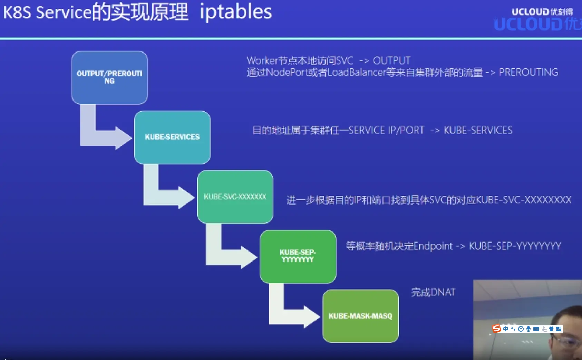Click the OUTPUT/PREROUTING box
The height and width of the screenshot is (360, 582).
tap(109, 78)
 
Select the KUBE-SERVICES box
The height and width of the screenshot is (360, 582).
tap(172, 137)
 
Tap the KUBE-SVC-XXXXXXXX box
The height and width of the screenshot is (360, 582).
tap(235, 197)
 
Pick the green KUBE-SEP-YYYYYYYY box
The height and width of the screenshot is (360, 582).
tap(298, 256)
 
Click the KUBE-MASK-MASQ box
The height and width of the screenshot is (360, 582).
tap(360, 316)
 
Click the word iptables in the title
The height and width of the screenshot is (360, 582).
tap(236, 12)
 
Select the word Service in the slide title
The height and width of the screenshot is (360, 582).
tap(64, 12)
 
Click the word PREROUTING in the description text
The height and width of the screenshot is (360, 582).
tap(528, 72)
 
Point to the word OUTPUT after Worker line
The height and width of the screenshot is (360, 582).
tap(391, 61)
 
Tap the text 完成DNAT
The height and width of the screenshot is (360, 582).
tap(433, 292)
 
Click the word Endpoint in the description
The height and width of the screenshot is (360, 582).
tap(433, 246)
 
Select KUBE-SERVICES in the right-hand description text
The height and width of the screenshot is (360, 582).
tap(478, 130)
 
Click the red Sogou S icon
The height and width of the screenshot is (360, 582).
tap(496, 329)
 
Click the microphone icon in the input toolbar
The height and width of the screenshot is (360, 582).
tap(528, 329)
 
